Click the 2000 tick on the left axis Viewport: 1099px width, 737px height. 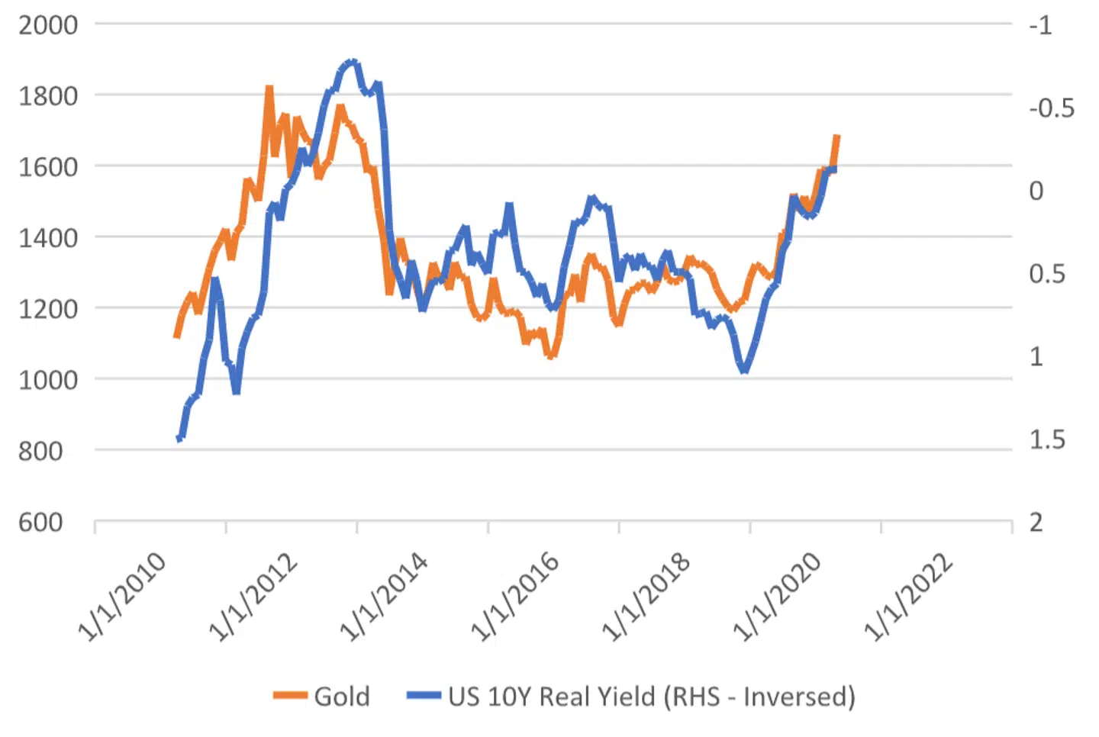click(48, 24)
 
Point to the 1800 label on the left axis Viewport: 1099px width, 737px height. click(48, 96)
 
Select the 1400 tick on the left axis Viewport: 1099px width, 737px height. click(48, 237)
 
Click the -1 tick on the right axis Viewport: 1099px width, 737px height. click(1040, 25)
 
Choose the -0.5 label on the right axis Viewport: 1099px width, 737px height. click(1051, 108)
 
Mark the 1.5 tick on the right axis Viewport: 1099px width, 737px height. click(1046, 439)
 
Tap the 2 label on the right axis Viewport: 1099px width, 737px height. click(1036, 522)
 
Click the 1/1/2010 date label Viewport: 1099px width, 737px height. click(122, 597)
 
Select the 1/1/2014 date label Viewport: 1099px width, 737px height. click(384, 597)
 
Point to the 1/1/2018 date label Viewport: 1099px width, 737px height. click(646, 597)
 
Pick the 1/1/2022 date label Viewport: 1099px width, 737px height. click(908, 597)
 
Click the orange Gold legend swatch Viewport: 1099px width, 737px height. click(290, 695)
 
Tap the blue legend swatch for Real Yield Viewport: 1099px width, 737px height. click(424, 695)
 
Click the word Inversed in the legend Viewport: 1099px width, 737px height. click(798, 697)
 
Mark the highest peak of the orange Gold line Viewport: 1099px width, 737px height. click(269, 89)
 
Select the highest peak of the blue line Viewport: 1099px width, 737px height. click(352, 61)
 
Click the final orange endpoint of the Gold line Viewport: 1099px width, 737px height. click(836, 137)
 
